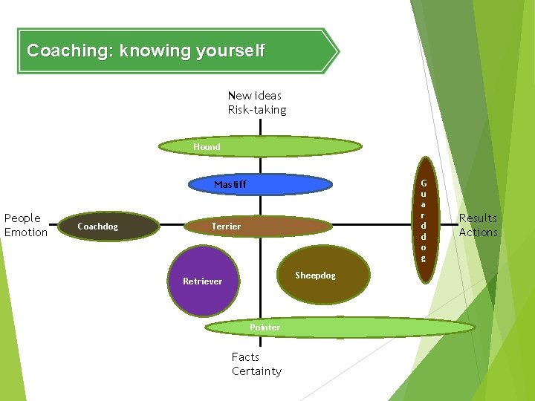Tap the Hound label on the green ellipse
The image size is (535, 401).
pos(207,147)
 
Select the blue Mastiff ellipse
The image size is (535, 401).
pos(260,184)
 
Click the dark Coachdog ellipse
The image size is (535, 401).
pos(108,226)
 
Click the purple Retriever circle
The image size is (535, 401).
pos(203,281)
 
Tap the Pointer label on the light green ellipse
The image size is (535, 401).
pos(265,327)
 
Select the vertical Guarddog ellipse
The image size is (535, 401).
pos(424,221)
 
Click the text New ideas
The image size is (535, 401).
pos(254,95)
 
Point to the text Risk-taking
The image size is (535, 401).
pos(256,110)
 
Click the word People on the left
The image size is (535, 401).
pos(22,218)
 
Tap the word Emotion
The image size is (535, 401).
pos(25,232)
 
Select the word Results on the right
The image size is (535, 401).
pos(478,218)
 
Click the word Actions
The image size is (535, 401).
pos(478,232)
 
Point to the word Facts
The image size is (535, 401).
pos(245,357)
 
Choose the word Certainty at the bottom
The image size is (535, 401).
pos(256,371)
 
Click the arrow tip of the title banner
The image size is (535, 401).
pos(336,51)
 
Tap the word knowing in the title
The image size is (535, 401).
pos(155,51)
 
